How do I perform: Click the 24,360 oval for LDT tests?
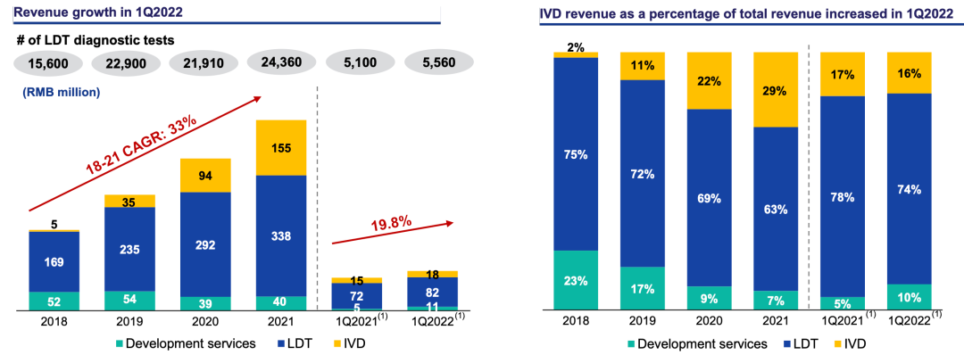click(280, 63)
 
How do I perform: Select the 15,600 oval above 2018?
click(49, 63)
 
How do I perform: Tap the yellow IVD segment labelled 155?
click(280, 147)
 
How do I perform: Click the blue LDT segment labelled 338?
click(280, 235)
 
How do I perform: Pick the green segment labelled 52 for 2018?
click(54, 300)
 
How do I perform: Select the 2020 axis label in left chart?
click(205, 320)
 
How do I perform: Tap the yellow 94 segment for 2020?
click(205, 175)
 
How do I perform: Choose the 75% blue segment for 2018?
click(575, 153)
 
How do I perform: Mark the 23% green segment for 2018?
click(575, 279)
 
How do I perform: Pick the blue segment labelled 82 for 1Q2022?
click(432, 291)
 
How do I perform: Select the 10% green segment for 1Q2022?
click(909, 296)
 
